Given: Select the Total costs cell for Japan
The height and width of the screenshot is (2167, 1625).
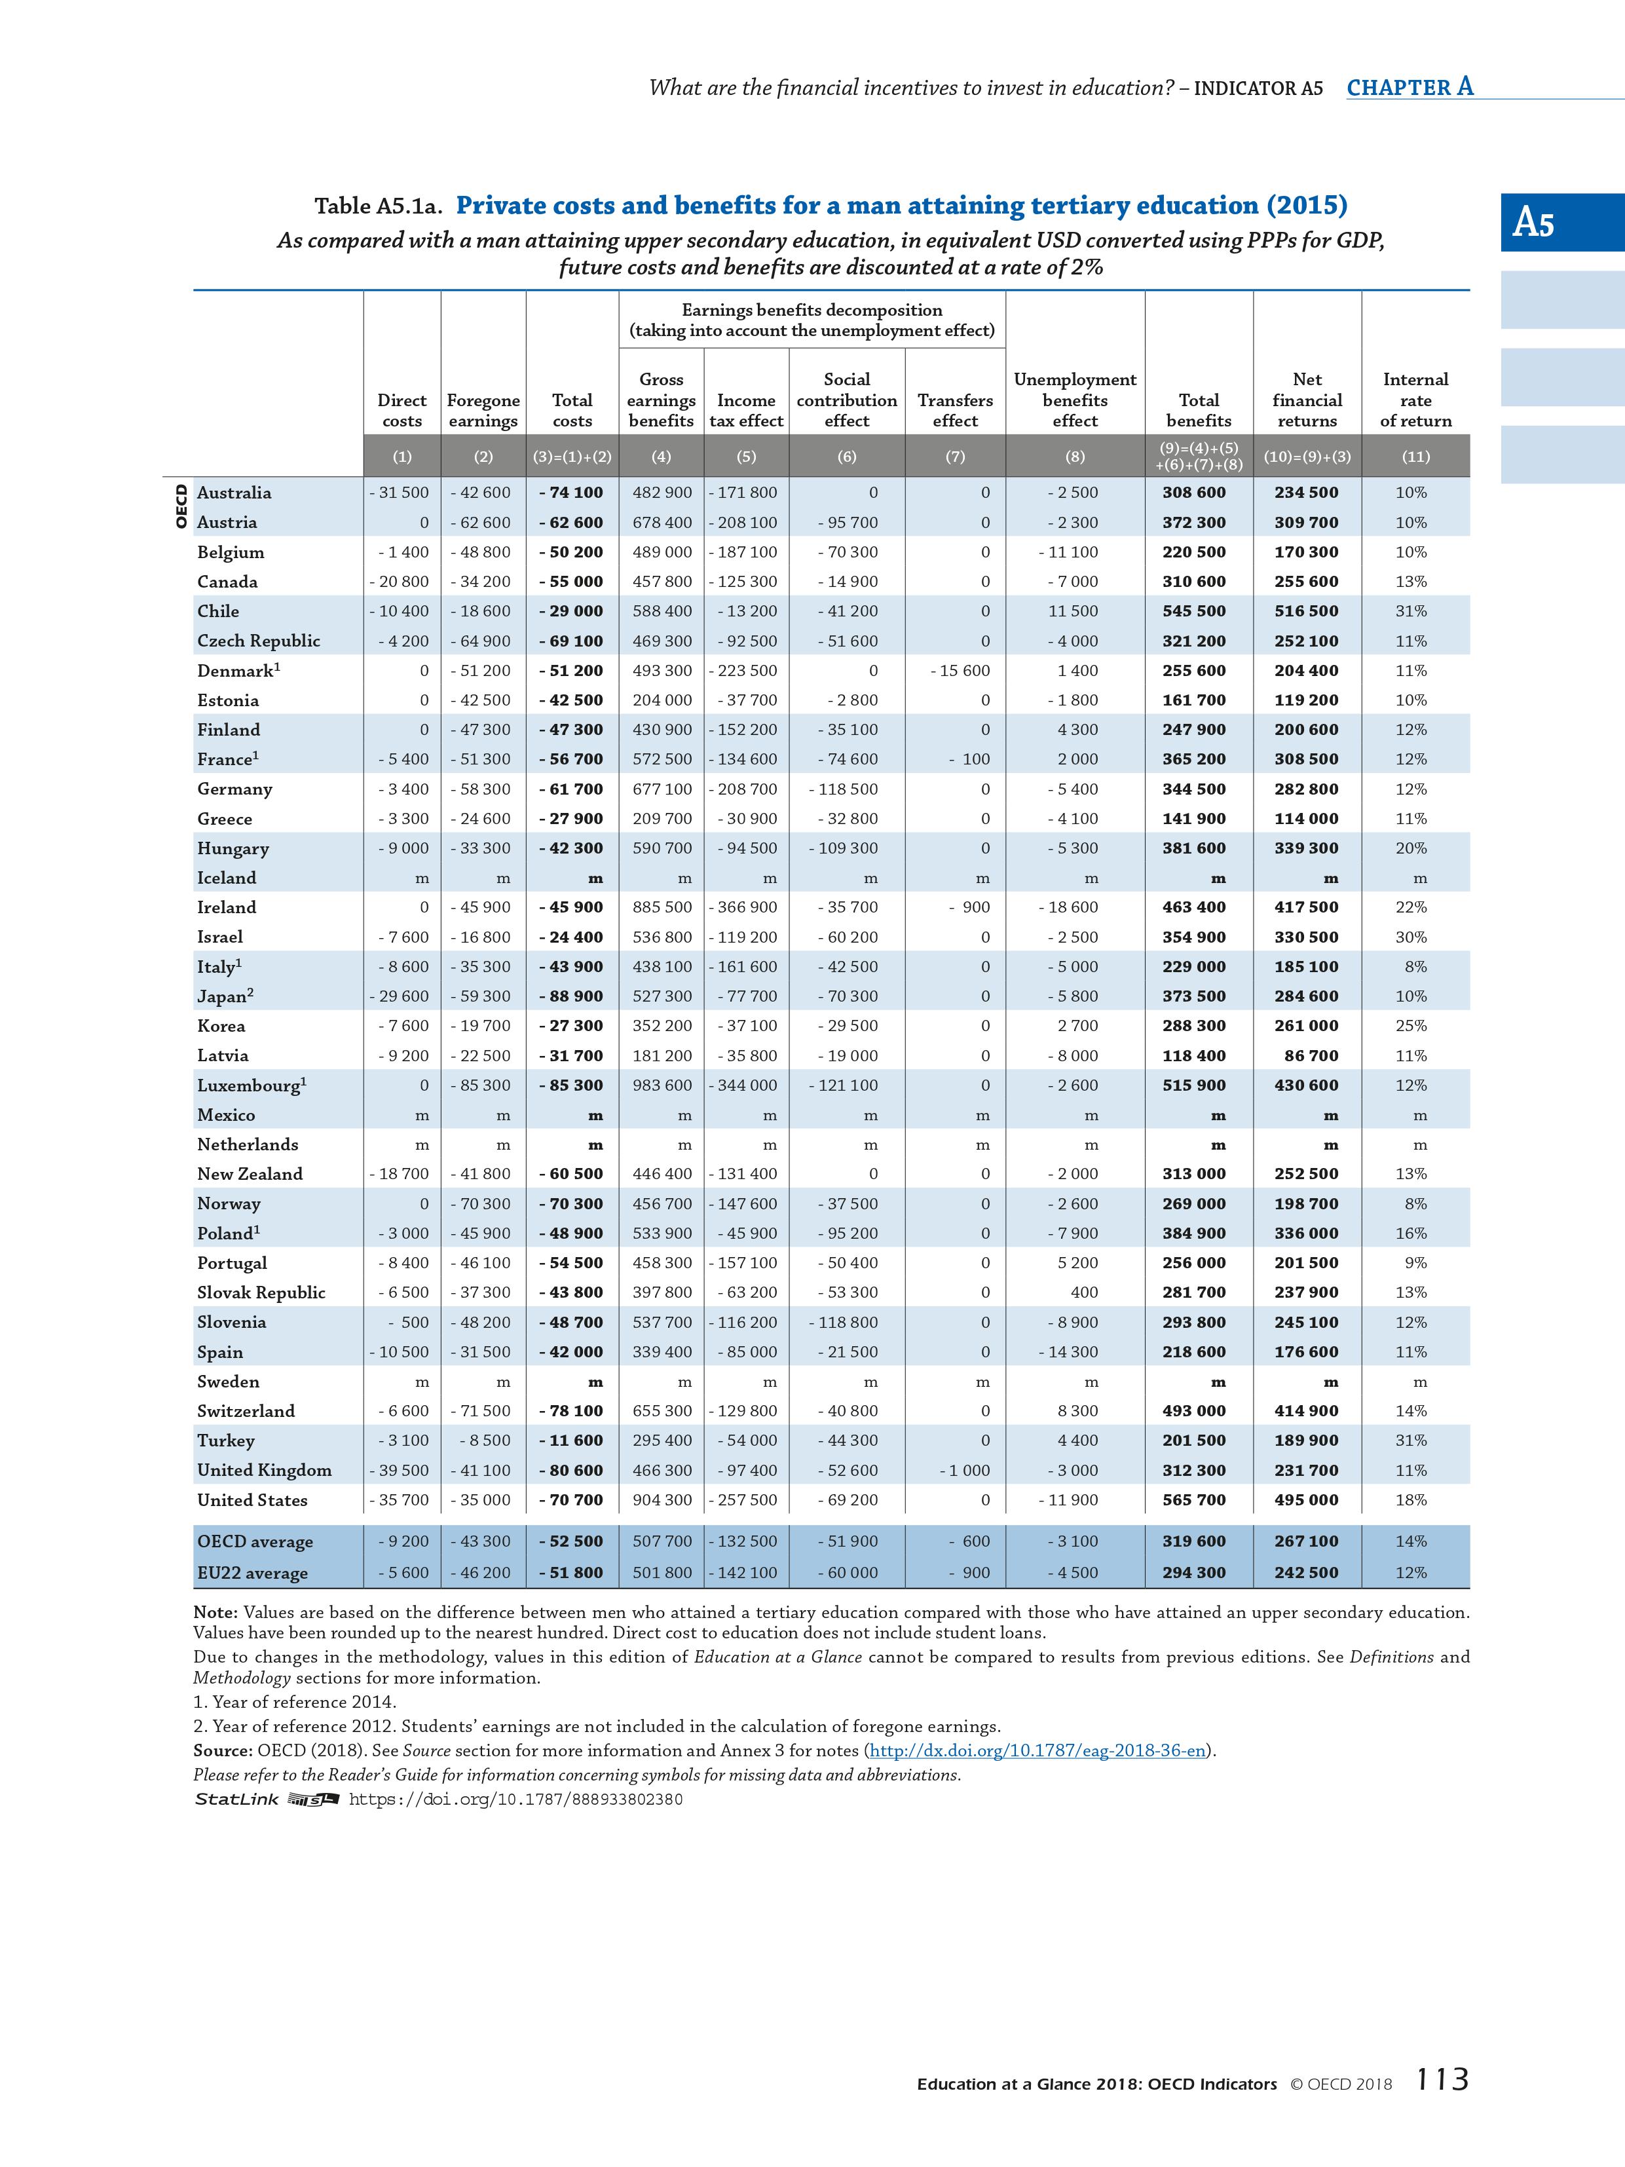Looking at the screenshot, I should pyautogui.click(x=572, y=996).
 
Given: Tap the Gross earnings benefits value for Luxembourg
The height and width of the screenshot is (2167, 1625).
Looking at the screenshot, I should pyautogui.click(x=662, y=1085).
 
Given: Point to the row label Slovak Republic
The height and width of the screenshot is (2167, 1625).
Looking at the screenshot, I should pyautogui.click(x=261, y=1292).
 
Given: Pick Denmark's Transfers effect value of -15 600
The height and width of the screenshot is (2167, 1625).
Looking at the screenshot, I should pyautogui.click(x=961, y=671).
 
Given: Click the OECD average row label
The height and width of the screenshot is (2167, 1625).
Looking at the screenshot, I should pyautogui.click(x=255, y=1541).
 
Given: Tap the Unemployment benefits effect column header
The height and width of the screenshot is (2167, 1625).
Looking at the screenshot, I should pyautogui.click(x=1075, y=400).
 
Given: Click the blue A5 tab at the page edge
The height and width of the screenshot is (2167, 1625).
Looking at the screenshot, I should pyautogui.click(x=1561, y=222).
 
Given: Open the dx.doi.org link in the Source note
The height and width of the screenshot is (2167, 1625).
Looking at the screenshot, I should pyautogui.click(x=1037, y=1750).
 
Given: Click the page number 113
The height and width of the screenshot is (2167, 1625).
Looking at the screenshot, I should pyautogui.click(x=1442, y=2106).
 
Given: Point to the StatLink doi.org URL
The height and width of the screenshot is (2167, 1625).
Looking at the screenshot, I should pyautogui.click(x=515, y=1800).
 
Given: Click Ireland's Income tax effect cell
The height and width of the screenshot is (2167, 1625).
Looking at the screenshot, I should pyautogui.click(x=747, y=907).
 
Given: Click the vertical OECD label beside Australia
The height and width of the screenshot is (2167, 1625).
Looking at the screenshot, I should pyautogui.click(x=180, y=506).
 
